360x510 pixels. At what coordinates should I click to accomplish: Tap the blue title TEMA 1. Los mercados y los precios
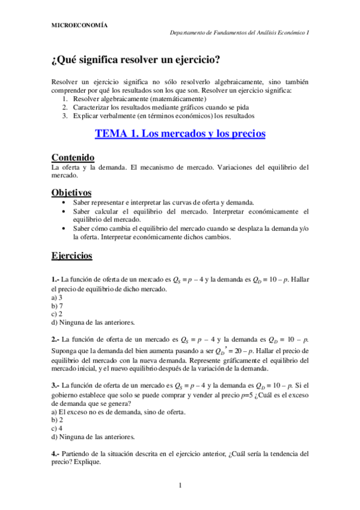coord(180,134)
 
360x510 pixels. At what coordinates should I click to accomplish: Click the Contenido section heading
coord(74,156)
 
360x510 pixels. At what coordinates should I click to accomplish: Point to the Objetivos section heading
coord(72,192)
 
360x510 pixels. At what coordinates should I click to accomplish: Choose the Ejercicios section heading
coord(72,256)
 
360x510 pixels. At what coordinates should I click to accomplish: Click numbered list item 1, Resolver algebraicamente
coord(139,99)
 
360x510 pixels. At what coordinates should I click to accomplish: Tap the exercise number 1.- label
coord(55,280)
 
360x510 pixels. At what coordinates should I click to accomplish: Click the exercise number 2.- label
coord(55,339)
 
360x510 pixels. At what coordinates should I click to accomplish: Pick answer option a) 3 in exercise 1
coord(57,297)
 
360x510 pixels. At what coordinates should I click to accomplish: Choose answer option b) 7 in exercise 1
coord(57,306)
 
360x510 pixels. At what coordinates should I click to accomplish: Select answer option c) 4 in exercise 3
coord(57,428)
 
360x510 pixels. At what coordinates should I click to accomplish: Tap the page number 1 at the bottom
coord(180,485)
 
